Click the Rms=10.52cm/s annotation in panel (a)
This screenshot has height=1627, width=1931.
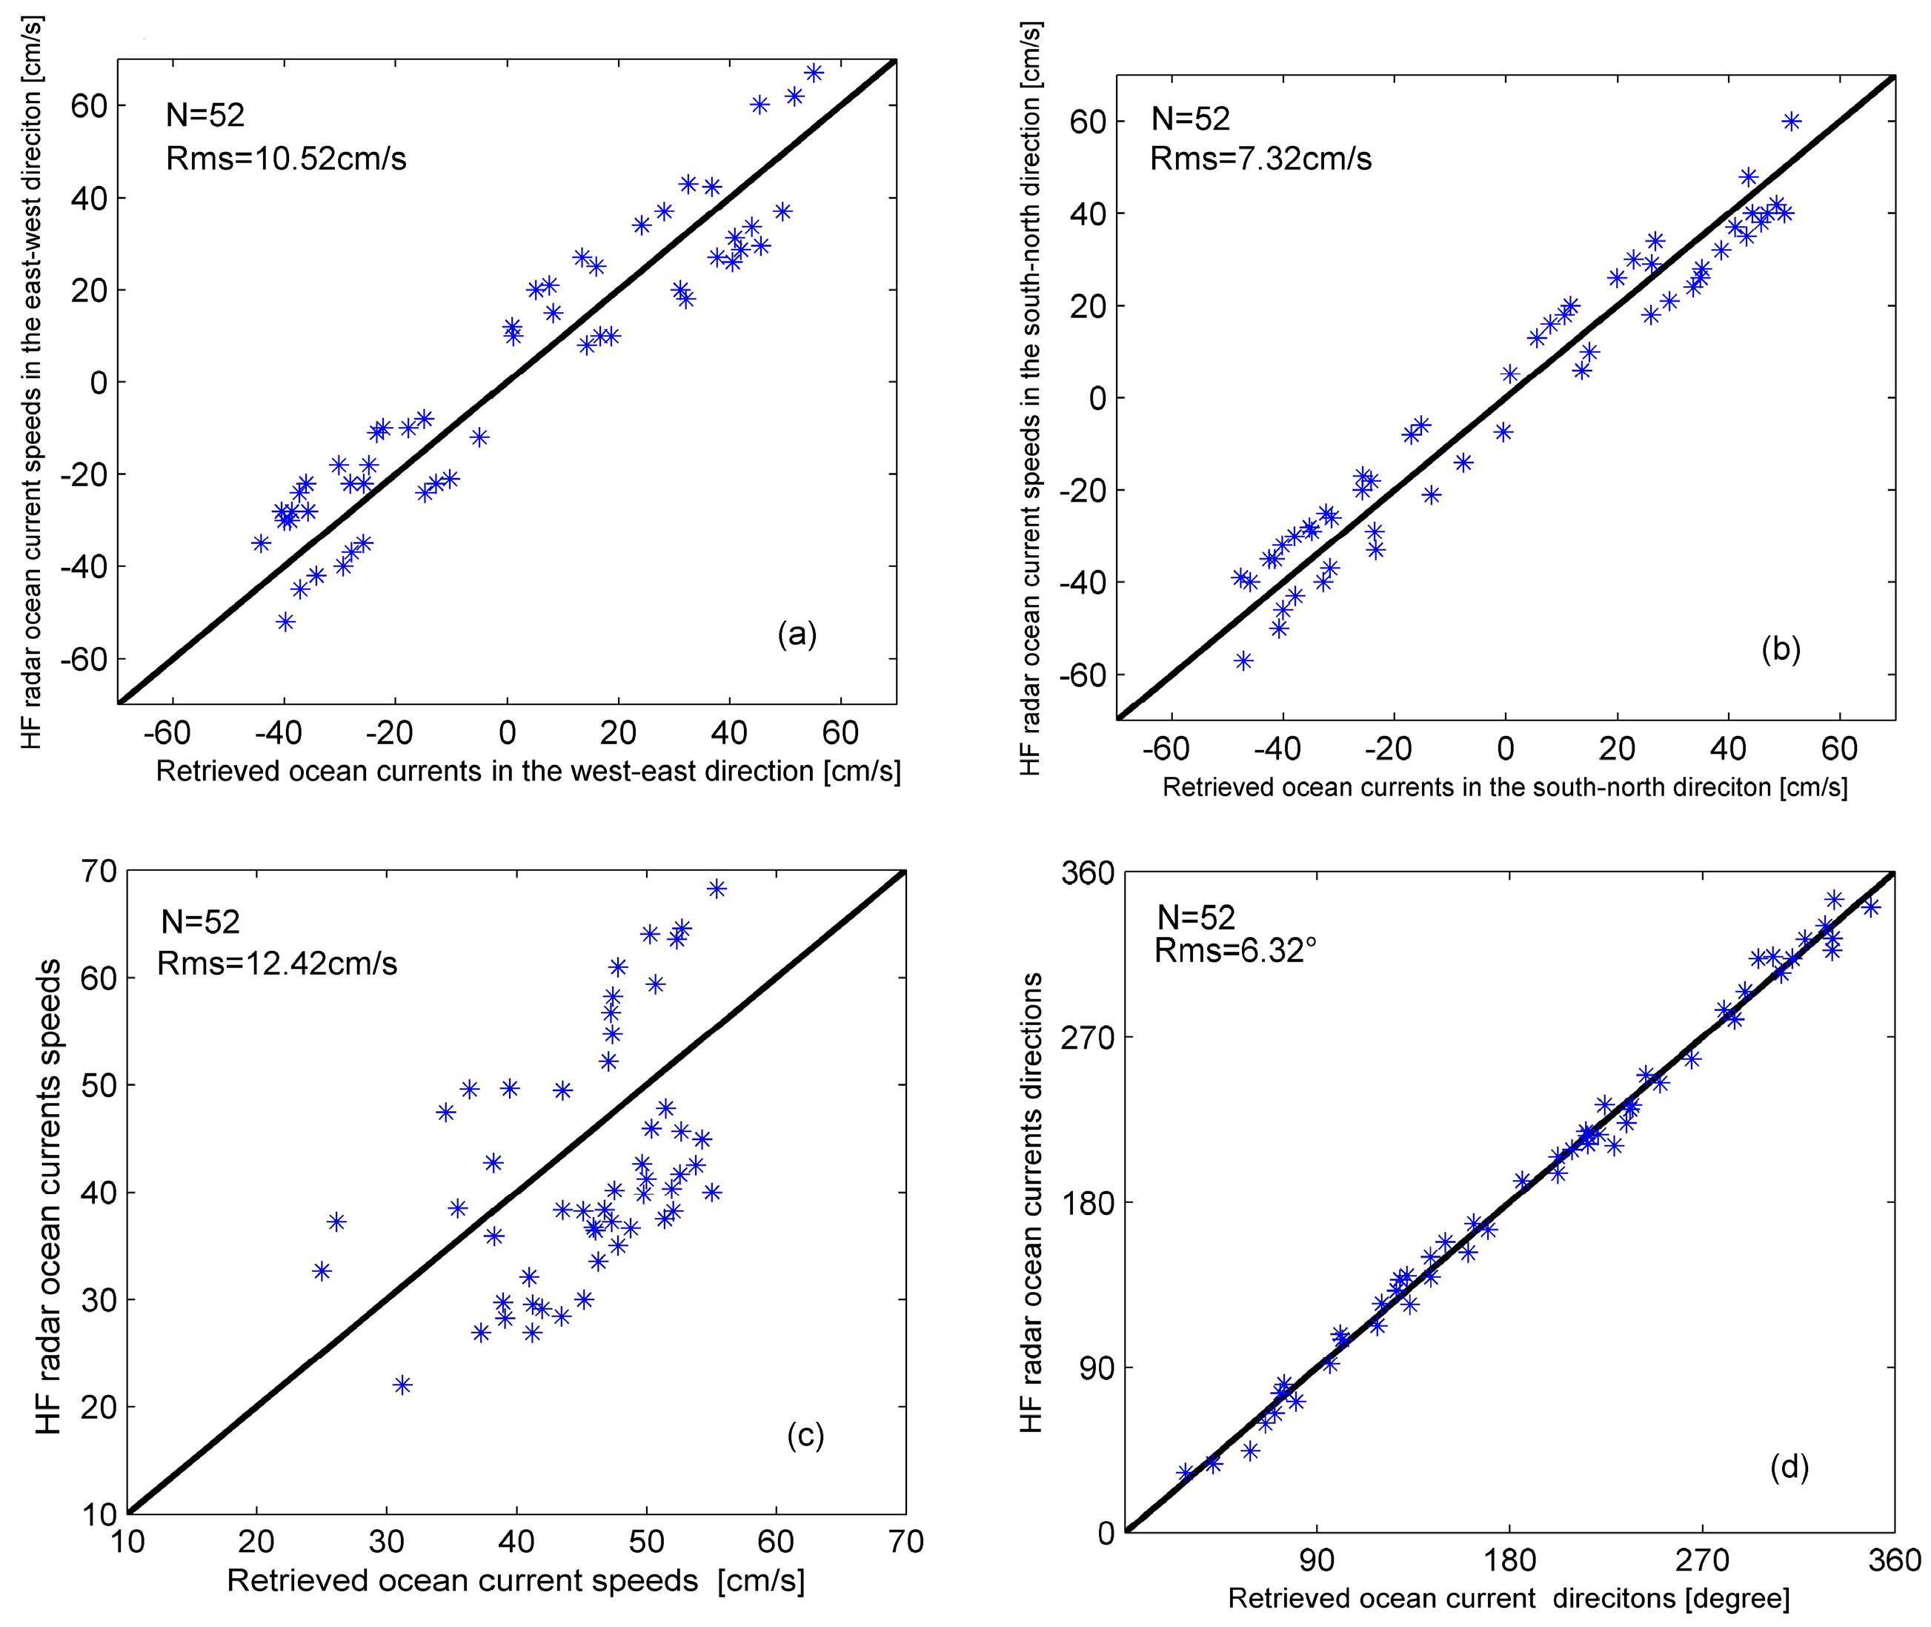(x=286, y=159)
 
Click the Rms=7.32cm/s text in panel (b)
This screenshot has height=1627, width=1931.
(x=1260, y=159)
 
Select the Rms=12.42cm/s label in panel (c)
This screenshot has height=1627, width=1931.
(x=276, y=964)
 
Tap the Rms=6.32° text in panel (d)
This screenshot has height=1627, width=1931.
(x=1236, y=950)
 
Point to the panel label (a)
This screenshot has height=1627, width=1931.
(x=797, y=634)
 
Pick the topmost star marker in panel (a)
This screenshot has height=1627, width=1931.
(x=814, y=73)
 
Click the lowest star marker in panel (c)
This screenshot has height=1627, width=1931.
(x=402, y=1385)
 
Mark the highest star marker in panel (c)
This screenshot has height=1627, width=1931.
(x=717, y=888)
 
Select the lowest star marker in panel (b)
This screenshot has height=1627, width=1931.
(x=1244, y=660)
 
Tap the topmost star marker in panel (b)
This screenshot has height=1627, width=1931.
(x=1792, y=121)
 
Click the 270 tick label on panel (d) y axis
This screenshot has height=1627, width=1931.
(x=1086, y=1038)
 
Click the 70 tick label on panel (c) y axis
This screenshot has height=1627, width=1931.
(x=98, y=871)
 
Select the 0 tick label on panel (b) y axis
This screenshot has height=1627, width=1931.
(x=1097, y=399)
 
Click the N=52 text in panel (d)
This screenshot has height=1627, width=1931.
(x=1195, y=917)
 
